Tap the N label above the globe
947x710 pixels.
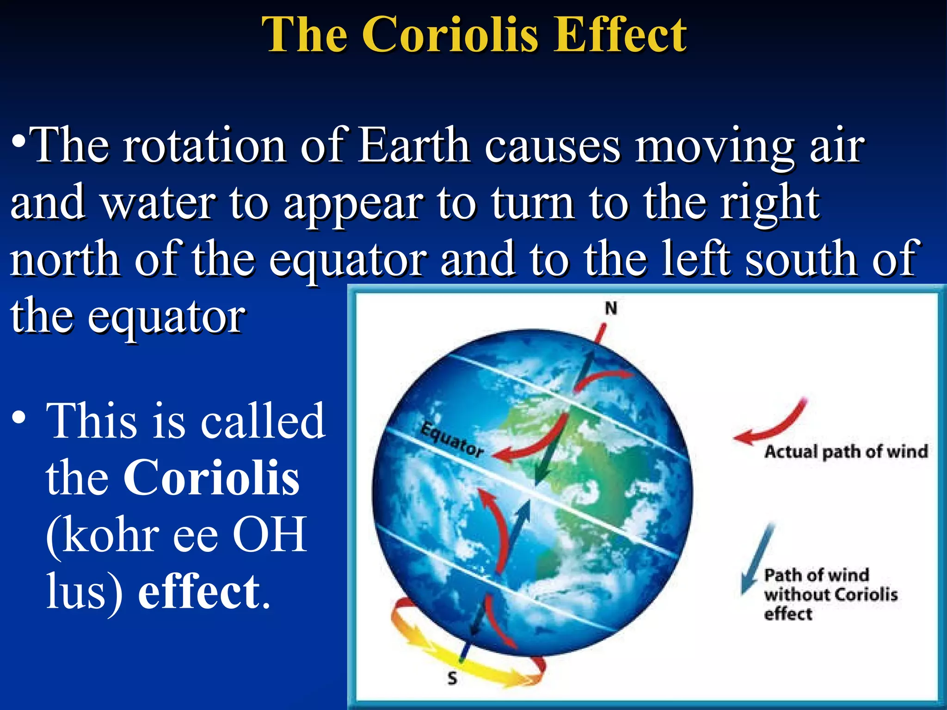[611, 308]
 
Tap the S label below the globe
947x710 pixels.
[452, 678]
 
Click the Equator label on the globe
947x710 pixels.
[451, 440]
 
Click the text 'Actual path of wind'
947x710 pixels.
[846, 452]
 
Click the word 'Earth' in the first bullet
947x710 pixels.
[414, 146]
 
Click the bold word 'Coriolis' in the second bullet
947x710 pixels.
[211, 478]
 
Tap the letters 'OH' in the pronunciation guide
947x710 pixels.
[269, 535]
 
